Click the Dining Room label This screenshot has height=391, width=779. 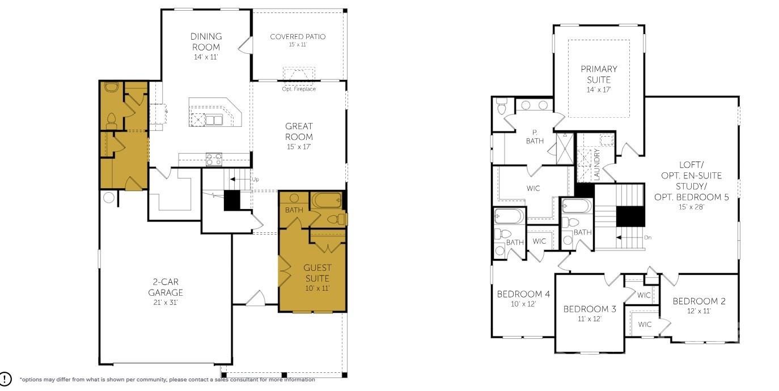(205, 42)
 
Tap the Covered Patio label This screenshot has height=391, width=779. (298, 37)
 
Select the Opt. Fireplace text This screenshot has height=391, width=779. (298, 89)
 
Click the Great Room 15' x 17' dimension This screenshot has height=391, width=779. (299, 147)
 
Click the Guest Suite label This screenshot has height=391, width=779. (317, 273)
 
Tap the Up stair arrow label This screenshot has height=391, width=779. (255, 179)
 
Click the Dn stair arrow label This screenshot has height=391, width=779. (647, 237)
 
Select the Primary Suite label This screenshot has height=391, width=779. (599, 74)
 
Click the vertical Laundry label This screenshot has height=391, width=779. (596, 165)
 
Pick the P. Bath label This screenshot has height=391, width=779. (534, 137)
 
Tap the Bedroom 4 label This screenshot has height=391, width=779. (523, 294)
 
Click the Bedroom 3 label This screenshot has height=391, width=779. (590, 309)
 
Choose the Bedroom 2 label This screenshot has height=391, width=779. (698, 301)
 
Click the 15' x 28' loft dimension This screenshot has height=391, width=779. (691, 207)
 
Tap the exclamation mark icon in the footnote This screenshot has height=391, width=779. (6, 379)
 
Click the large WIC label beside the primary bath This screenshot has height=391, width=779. (533, 188)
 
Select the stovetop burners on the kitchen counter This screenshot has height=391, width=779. (214, 159)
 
